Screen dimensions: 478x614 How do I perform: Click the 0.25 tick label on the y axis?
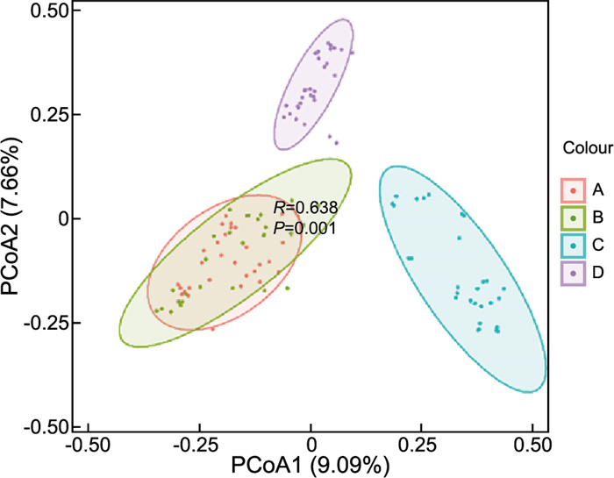pyautogui.click(x=51, y=115)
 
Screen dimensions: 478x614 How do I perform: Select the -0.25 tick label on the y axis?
pyautogui.click(x=48, y=323)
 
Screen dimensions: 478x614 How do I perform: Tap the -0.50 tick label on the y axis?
pyautogui.click(x=48, y=426)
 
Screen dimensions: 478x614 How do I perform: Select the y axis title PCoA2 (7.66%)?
pyautogui.click(x=15, y=218)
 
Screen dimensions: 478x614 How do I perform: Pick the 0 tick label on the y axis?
pyautogui.click(x=63, y=218)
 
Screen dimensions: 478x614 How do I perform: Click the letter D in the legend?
pyautogui.click(x=598, y=275)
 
